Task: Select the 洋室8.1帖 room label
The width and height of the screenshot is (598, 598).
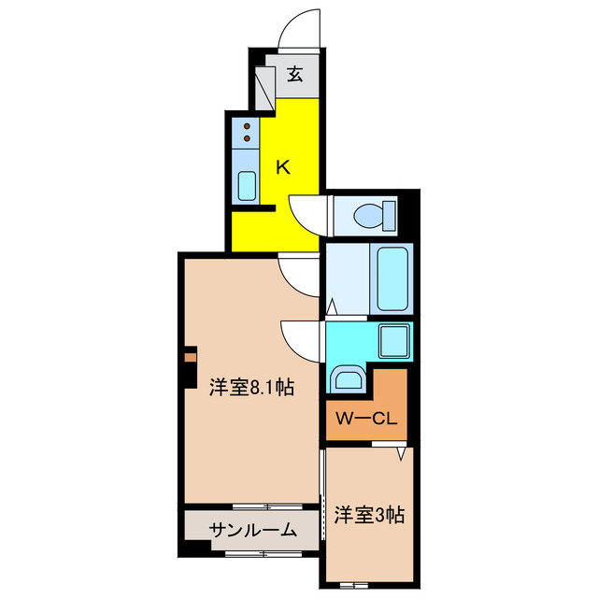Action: pyautogui.click(x=251, y=386)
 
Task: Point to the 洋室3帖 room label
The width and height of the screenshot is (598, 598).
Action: pyautogui.click(x=369, y=514)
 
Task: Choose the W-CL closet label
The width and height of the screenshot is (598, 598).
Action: pyautogui.click(x=366, y=419)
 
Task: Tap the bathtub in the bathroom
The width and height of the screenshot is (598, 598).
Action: pyautogui.click(x=392, y=279)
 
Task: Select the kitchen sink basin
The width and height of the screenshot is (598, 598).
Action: pyautogui.click(x=248, y=185)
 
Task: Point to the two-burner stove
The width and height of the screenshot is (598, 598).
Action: pyautogui.click(x=248, y=133)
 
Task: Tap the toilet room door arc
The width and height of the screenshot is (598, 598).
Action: pyautogui.click(x=306, y=214)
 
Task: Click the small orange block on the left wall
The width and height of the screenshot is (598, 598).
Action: pyautogui.click(x=190, y=356)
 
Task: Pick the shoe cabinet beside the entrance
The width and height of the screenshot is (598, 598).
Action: pyautogui.click(x=265, y=85)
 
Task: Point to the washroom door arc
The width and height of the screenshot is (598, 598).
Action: pyautogui.click(x=302, y=338)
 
